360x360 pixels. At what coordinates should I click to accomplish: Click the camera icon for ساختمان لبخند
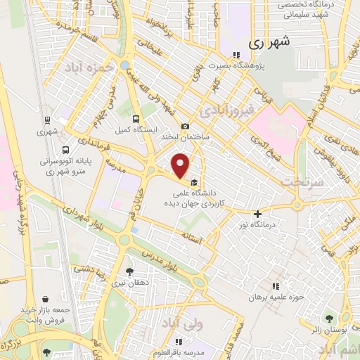[x=185, y=127]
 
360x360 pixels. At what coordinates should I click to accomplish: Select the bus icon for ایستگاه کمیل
[x=134, y=119]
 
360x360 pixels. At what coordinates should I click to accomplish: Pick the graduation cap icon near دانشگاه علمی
[x=194, y=184]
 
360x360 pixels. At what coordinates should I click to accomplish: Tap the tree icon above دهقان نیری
[x=129, y=271]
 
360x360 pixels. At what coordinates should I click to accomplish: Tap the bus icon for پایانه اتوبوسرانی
[x=65, y=150]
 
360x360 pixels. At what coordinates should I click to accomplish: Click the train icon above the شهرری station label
[x=46, y=120]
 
